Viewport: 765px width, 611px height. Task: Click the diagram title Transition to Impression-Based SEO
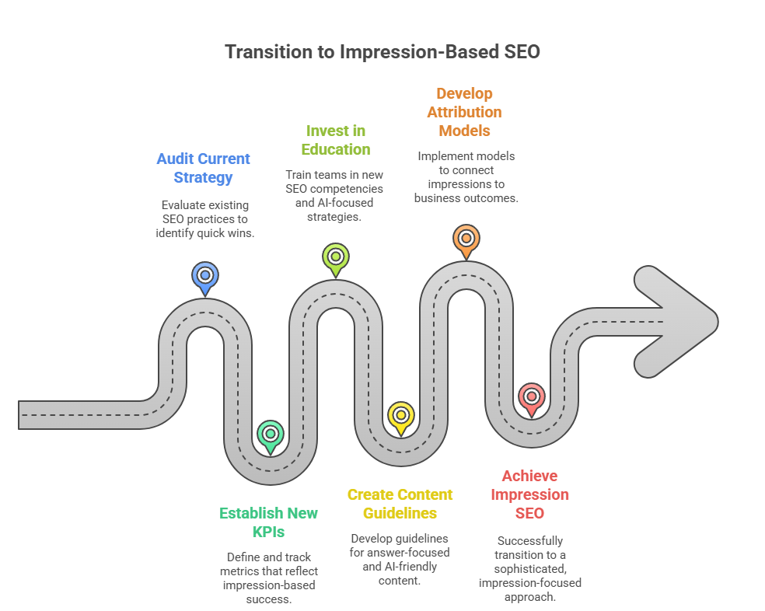point(382,52)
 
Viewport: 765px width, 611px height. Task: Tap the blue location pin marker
point(204,277)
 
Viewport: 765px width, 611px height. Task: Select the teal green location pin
point(270,435)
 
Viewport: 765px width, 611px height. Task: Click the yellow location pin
point(400,416)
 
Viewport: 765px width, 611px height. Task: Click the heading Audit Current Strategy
point(204,168)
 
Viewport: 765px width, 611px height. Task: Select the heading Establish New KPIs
point(269,522)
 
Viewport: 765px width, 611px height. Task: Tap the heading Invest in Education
point(335,140)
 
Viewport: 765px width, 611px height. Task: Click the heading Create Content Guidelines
point(400,504)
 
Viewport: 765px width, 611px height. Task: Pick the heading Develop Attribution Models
point(464,112)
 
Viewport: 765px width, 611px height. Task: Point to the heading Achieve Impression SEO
point(529,494)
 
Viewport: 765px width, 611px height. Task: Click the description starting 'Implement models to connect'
point(466,176)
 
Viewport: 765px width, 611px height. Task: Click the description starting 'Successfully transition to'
point(529,568)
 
